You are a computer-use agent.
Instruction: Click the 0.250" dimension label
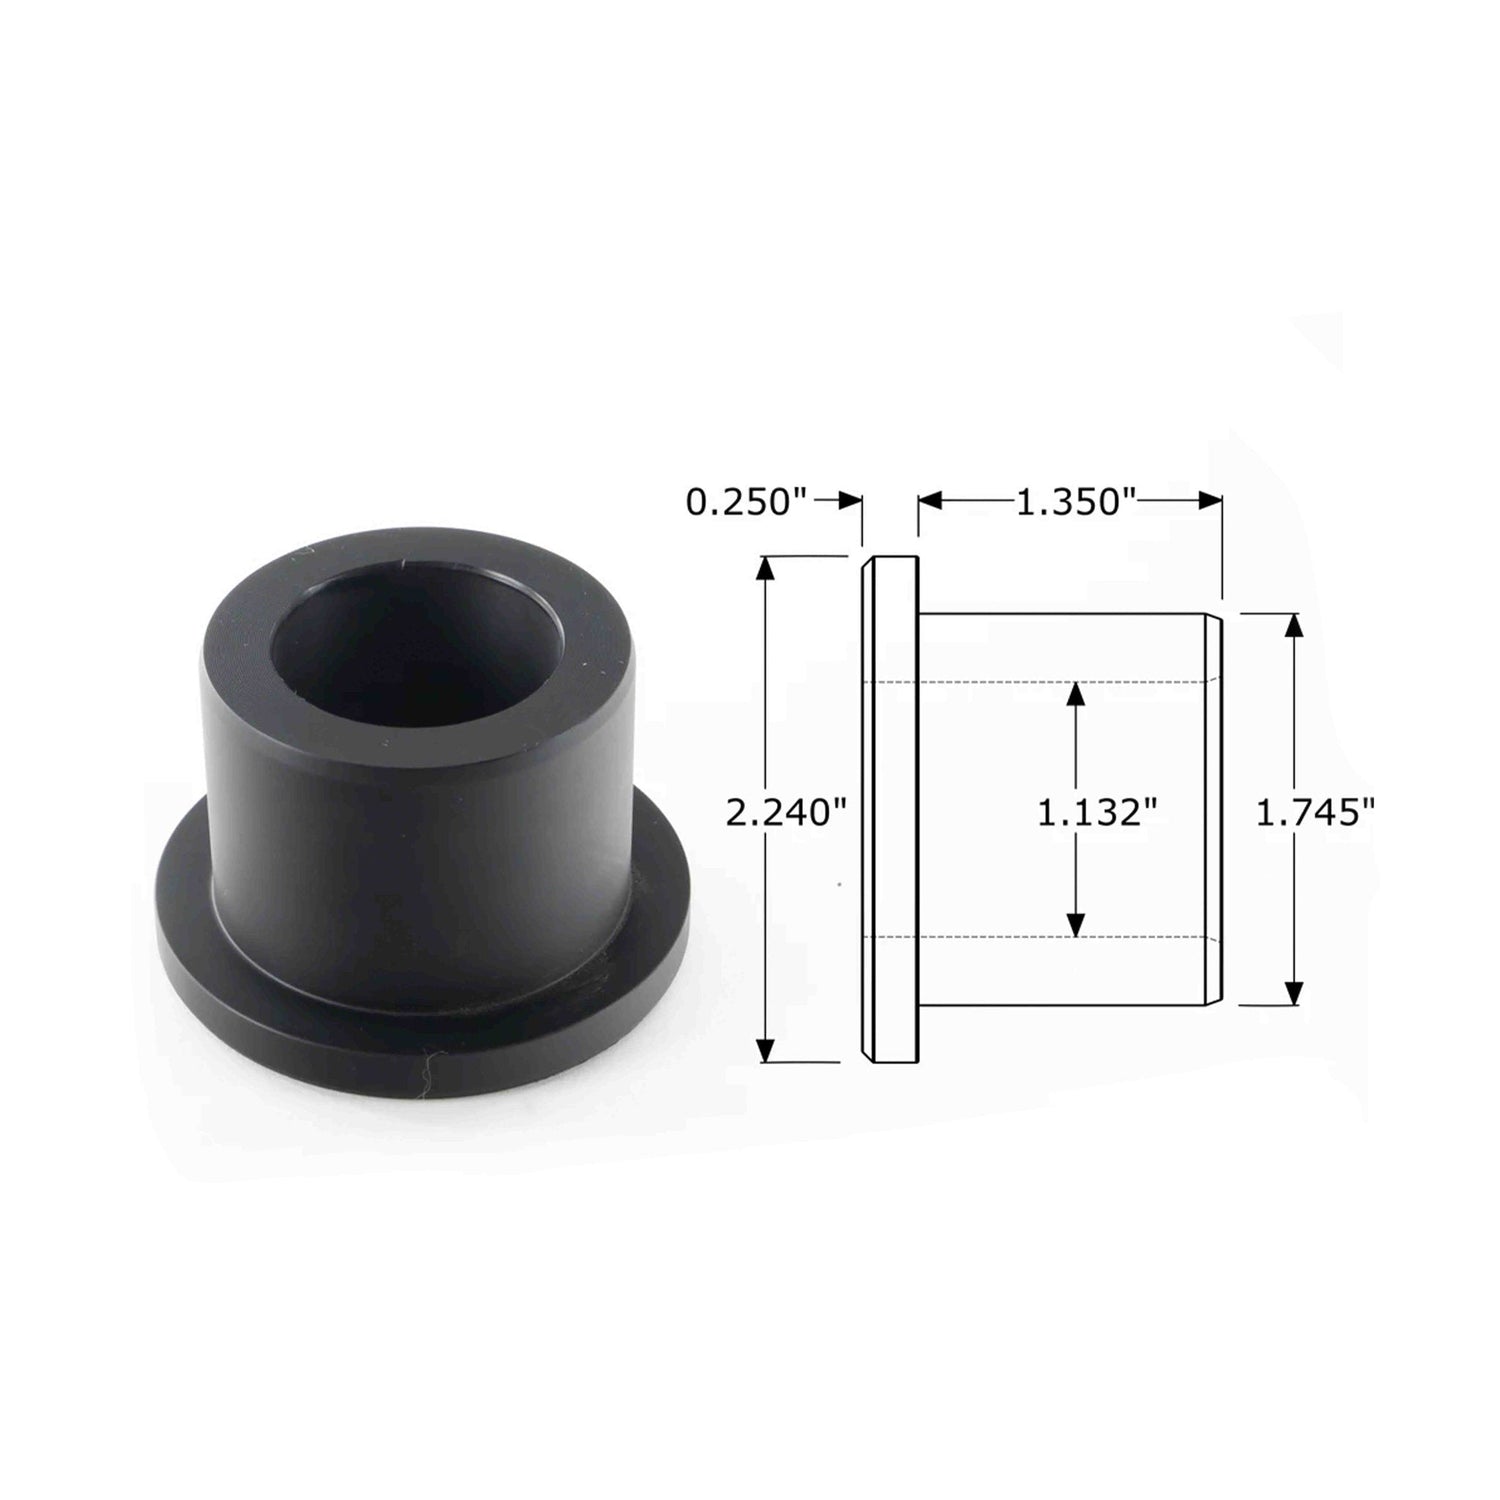(745, 501)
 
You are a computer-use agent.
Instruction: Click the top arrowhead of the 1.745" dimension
(1294, 628)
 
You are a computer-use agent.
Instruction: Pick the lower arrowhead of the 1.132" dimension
(1075, 924)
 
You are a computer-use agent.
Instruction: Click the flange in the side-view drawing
(890, 810)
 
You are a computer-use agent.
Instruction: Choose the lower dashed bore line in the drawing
(1040, 937)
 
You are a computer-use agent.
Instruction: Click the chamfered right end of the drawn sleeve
(1212, 810)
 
